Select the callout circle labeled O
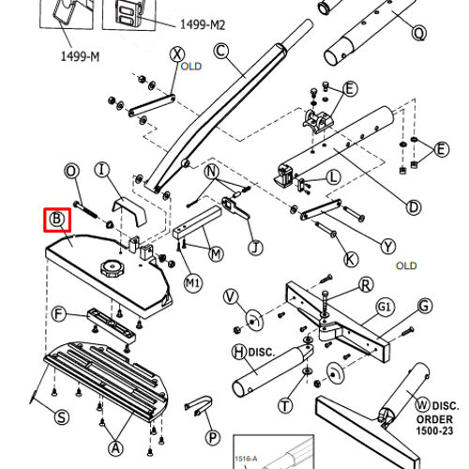(x=70, y=171)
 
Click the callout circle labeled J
(x=254, y=248)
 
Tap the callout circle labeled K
(x=350, y=259)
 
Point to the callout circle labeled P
(x=213, y=437)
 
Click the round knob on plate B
(x=113, y=269)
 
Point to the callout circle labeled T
(x=284, y=405)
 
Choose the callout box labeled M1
(x=192, y=280)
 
